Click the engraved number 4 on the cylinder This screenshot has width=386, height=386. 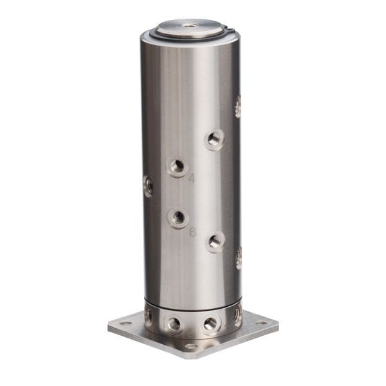[x=191, y=179]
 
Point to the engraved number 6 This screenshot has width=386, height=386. [x=192, y=232]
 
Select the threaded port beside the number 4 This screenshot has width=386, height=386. [x=177, y=166]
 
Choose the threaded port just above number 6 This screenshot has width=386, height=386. [x=177, y=218]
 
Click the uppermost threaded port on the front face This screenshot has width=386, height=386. [x=214, y=139]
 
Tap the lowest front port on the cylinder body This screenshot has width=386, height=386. [x=215, y=242]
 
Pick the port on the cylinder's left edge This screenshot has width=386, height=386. [x=149, y=187]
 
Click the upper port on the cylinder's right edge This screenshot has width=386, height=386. [x=237, y=106]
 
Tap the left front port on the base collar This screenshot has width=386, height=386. [x=174, y=323]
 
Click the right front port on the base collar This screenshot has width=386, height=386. [x=210, y=324]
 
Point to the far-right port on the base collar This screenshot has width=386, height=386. [x=237, y=315]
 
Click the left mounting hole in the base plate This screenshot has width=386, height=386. [x=125, y=323]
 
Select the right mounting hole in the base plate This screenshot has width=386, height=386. [x=261, y=322]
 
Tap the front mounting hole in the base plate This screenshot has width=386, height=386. [x=190, y=347]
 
